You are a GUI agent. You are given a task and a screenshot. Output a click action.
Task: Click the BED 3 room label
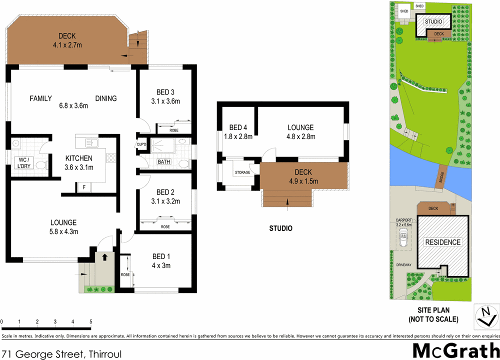[165, 92]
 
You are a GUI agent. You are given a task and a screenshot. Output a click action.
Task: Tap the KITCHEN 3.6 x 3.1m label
[79, 163]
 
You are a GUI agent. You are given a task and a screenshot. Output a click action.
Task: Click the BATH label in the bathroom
[163, 162]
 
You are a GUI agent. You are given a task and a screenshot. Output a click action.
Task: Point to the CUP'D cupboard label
[141, 145]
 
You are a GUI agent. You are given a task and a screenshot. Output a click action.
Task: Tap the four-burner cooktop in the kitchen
[111, 159]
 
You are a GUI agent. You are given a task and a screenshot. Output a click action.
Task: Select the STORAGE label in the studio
[242, 173]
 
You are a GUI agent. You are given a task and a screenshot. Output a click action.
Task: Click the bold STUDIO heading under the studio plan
[280, 228]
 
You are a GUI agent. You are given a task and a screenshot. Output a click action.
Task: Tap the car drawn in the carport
[403, 239]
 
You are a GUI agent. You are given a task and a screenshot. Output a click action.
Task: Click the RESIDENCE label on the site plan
[442, 242]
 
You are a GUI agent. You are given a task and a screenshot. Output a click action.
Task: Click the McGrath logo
[454, 350]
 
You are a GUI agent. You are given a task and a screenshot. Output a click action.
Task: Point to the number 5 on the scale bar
[91, 321]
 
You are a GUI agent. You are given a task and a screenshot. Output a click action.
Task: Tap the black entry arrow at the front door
[104, 257]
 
